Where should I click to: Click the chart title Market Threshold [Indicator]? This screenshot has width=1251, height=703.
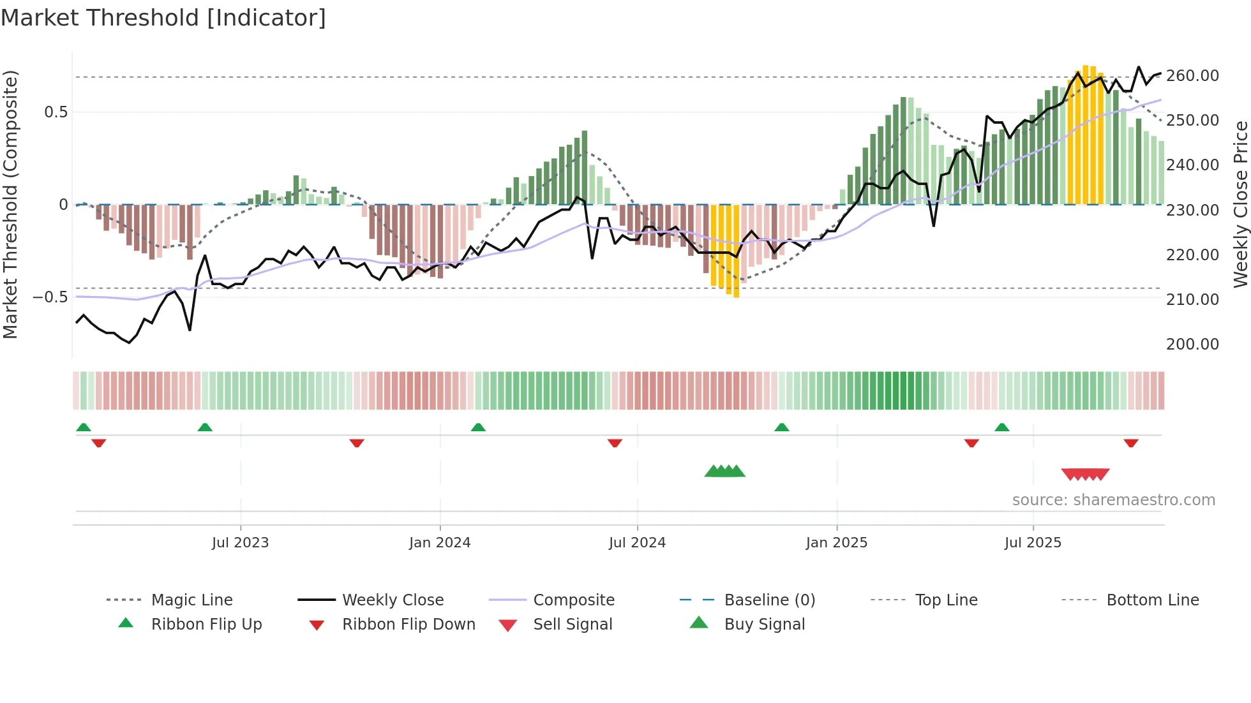pyautogui.click(x=163, y=18)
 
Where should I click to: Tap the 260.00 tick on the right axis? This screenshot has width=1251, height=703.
pyautogui.click(x=1192, y=76)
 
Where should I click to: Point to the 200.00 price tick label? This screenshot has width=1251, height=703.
pyautogui.click(x=1192, y=344)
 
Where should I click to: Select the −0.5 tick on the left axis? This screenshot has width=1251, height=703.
pyautogui.click(x=50, y=297)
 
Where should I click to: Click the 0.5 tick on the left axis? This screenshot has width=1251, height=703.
pyautogui.click(x=56, y=112)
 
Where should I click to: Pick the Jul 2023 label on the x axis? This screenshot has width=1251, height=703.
pyautogui.click(x=240, y=543)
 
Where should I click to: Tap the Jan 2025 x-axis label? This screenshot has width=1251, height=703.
pyautogui.click(x=836, y=543)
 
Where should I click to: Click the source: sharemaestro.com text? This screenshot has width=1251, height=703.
pyautogui.click(x=1113, y=500)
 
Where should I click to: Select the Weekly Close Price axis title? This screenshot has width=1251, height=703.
pyautogui.click(x=1240, y=204)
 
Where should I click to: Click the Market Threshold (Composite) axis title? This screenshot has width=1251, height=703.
pyautogui.click(x=10, y=204)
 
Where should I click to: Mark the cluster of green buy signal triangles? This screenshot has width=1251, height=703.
pyautogui.click(x=724, y=471)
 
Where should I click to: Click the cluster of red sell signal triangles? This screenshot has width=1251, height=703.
pyautogui.click(x=1085, y=474)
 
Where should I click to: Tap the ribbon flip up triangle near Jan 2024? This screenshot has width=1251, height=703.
pyautogui.click(x=478, y=427)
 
